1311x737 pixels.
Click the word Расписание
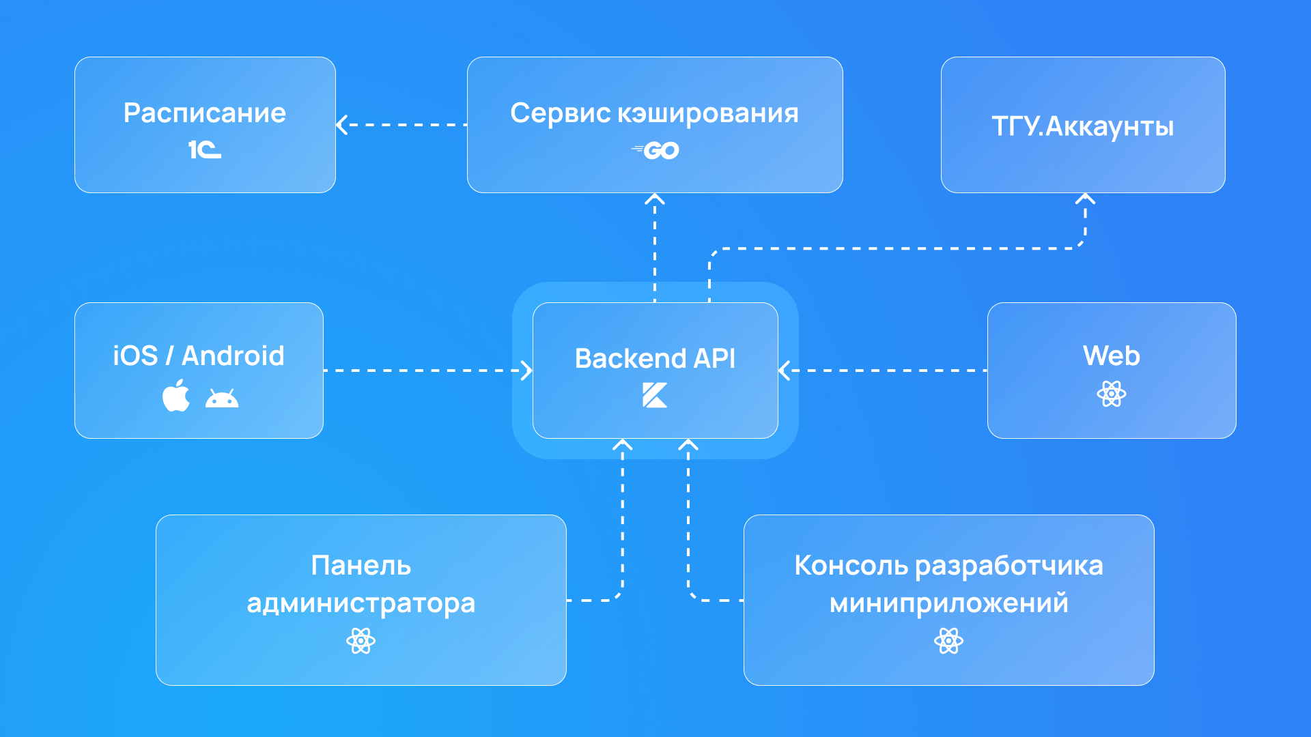click(204, 113)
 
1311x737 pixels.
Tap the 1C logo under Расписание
click(204, 149)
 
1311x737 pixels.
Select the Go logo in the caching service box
click(656, 150)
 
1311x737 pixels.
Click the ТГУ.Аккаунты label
click(1082, 126)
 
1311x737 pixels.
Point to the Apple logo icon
click(176, 395)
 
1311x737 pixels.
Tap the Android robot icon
click(222, 398)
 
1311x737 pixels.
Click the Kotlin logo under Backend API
click(655, 395)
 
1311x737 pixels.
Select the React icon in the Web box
click(1111, 394)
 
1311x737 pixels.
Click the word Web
click(1111, 356)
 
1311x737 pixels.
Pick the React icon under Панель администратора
click(361, 641)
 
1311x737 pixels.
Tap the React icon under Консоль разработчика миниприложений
click(948, 641)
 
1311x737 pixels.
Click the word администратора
click(361, 603)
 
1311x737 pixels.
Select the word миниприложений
click(948, 603)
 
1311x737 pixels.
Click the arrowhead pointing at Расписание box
click(342, 125)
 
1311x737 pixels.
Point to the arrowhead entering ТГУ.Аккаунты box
click(1085, 199)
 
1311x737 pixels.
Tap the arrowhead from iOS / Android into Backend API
click(526, 371)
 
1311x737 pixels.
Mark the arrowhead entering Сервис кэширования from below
click(655, 199)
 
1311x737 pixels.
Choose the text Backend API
click(655, 358)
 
